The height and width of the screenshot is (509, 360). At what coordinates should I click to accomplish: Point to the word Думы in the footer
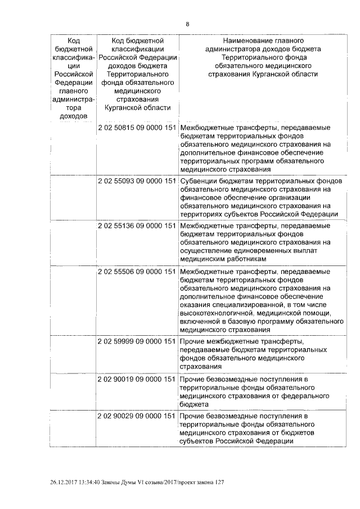click(x=141, y=483)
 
